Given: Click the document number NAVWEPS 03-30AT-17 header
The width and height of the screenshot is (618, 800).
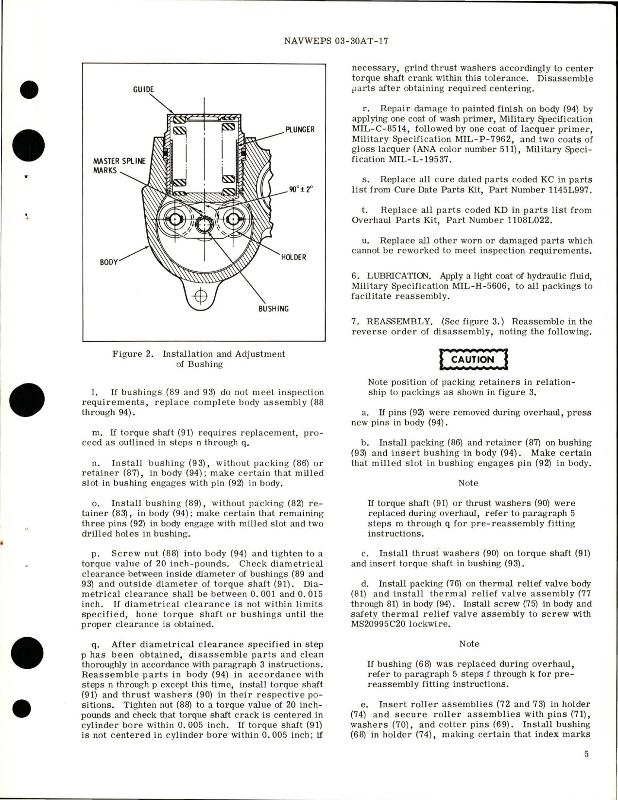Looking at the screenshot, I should point(336,41).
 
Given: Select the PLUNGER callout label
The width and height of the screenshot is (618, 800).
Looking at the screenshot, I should point(300,129).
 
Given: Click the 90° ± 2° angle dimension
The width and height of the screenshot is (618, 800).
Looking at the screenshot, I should point(301,190).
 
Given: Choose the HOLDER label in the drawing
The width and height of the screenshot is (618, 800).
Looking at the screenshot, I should point(293,257).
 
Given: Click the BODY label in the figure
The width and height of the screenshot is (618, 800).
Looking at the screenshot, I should point(109,262).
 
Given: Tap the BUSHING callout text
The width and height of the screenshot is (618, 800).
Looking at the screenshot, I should point(274,309).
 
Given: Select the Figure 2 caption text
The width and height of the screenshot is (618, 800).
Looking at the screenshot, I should point(199,359).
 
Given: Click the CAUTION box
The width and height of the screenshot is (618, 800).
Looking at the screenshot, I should point(473,360).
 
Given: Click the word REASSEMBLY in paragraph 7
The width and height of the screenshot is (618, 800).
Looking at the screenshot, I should point(399,321).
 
